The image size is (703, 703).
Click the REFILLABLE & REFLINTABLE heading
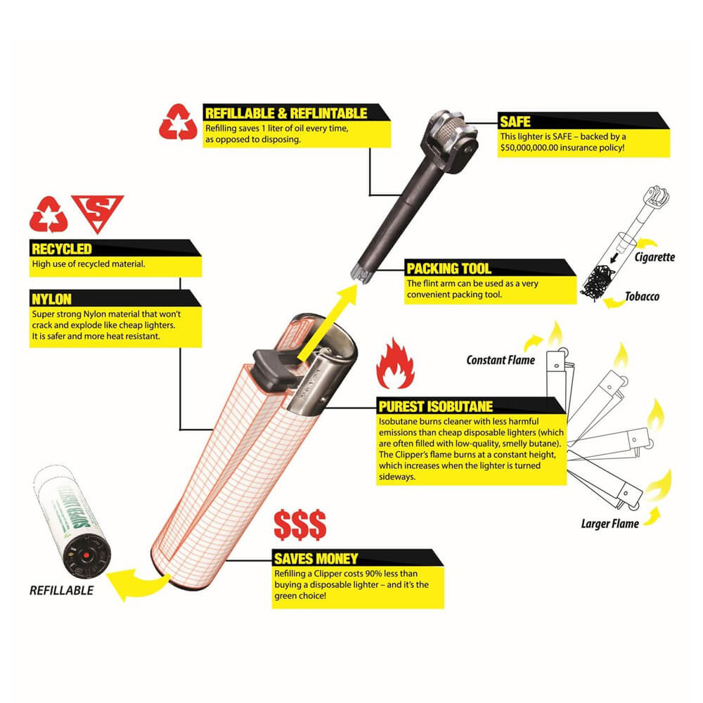pos(285,113)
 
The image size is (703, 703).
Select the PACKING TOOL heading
pos(449,269)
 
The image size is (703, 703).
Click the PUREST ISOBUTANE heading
pos(435,406)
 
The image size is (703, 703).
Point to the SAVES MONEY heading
pos(316,559)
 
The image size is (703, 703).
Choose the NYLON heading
pos(52,299)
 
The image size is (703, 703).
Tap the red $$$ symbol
pos(299,524)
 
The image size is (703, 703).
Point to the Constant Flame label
pos(501,361)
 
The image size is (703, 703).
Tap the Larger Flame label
pos(610,523)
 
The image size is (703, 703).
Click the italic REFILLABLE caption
pos(61,591)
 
